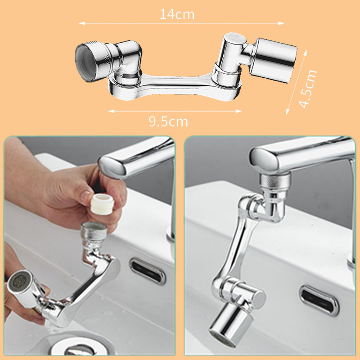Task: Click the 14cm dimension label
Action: pos(177,14)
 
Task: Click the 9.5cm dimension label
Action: pos(168,121)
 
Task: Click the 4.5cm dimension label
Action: pos(308,89)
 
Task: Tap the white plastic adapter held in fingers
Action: pos(102,204)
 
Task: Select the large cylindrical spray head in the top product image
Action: pos(273,60)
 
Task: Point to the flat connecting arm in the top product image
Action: pos(175,87)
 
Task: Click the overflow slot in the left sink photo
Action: pos(147,271)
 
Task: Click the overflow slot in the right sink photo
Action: pos(319,300)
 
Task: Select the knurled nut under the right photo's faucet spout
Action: pos(274,183)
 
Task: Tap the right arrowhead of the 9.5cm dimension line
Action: pos(239,111)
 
